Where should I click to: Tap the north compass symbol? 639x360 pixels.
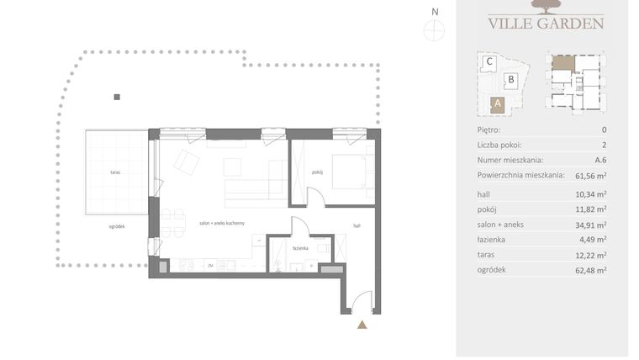pyautogui.click(x=434, y=27)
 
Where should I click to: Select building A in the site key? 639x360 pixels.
pyautogui.click(x=497, y=104)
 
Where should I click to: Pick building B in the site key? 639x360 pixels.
pyautogui.click(x=510, y=81)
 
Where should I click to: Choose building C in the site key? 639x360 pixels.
pyautogui.click(x=488, y=61)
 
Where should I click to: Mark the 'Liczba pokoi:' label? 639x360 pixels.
pyautogui.click(x=499, y=145)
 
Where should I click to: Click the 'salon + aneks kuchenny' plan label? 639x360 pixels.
pyautogui.click(x=221, y=223)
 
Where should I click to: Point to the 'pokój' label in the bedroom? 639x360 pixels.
pyautogui.click(x=317, y=172)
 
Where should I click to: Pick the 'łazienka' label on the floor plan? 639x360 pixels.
pyautogui.click(x=301, y=248)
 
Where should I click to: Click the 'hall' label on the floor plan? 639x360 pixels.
pyautogui.click(x=356, y=225)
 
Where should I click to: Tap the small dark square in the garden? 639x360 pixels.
pyautogui.click(x=117, y=98)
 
